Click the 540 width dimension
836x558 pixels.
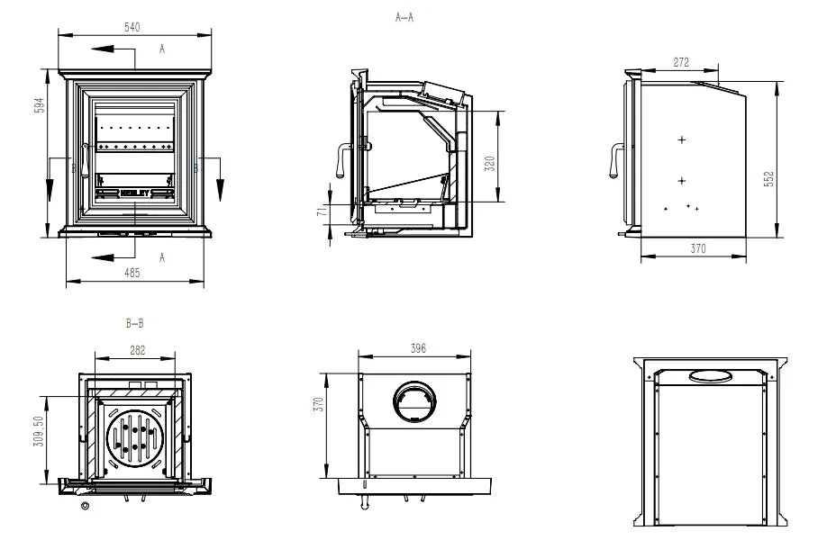click(132, 28)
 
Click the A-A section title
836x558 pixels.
click(404, 17)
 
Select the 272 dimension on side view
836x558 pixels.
click(681, 63)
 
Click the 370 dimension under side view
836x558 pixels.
click(697, 248)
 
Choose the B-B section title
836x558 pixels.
click(135, 323)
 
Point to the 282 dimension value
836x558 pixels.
click(136, 350)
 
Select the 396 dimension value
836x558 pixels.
click(417, 348)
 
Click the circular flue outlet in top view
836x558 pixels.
click(415, 400)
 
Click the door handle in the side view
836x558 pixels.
click(615, 161)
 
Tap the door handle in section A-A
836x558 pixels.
click(342, 161)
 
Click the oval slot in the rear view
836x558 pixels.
click(711, 375)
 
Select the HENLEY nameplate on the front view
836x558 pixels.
click(135, 192)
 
